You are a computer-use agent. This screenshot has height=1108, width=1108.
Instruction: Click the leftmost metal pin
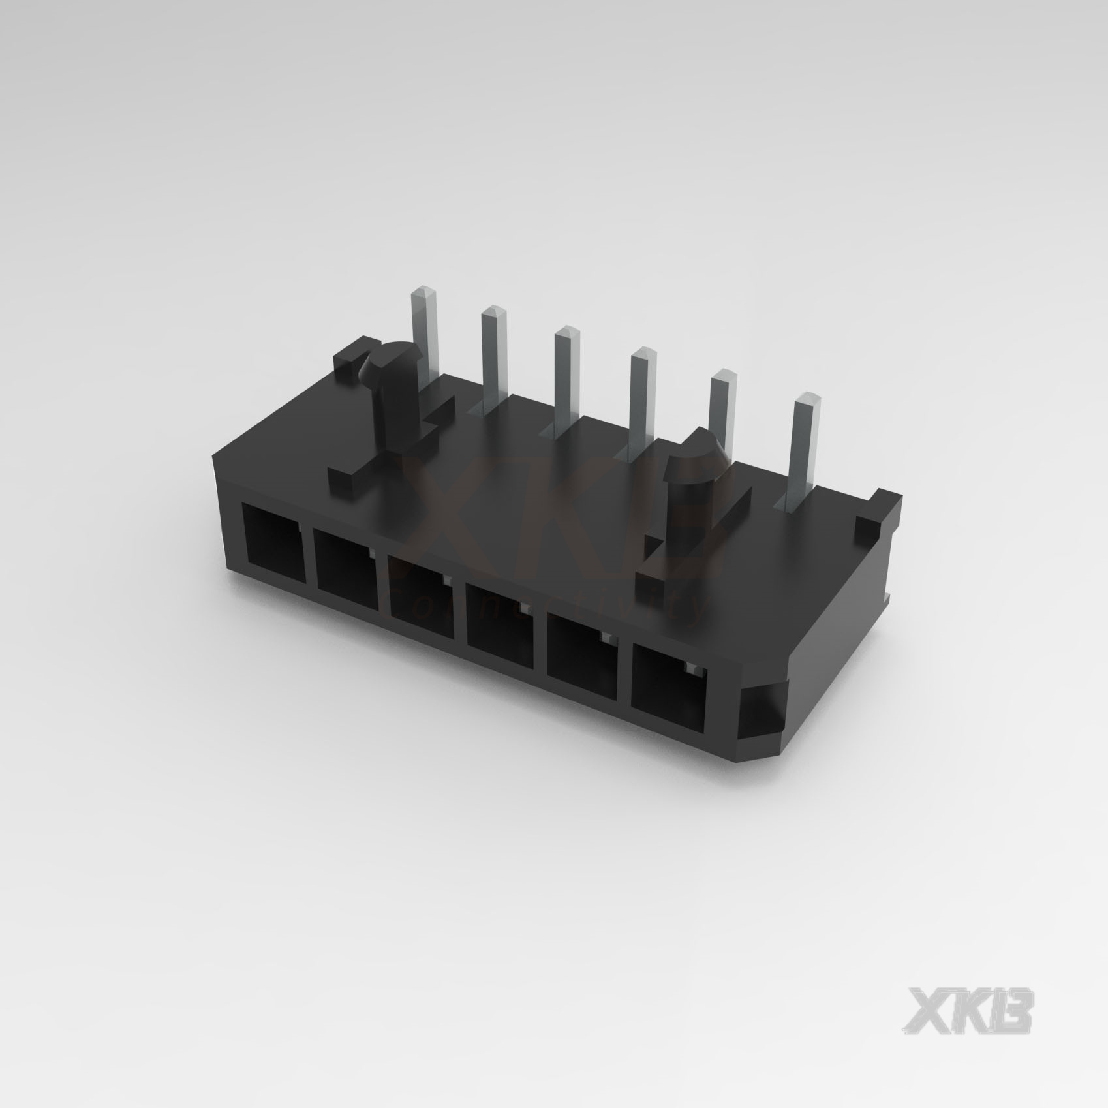[425, 333]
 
